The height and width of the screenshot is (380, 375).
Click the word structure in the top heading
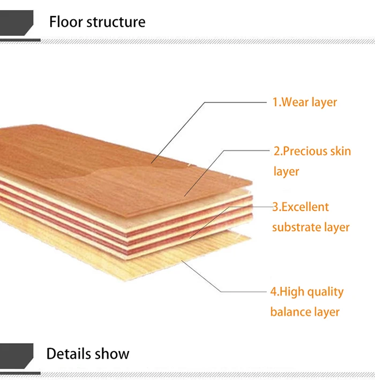point(116,22)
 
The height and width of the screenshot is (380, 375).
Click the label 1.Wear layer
point(305,102)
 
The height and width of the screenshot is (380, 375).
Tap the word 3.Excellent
point(301,207)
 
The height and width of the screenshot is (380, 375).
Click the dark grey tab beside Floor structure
point(17,22)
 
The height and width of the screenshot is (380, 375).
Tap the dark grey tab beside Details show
point(17,356)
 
